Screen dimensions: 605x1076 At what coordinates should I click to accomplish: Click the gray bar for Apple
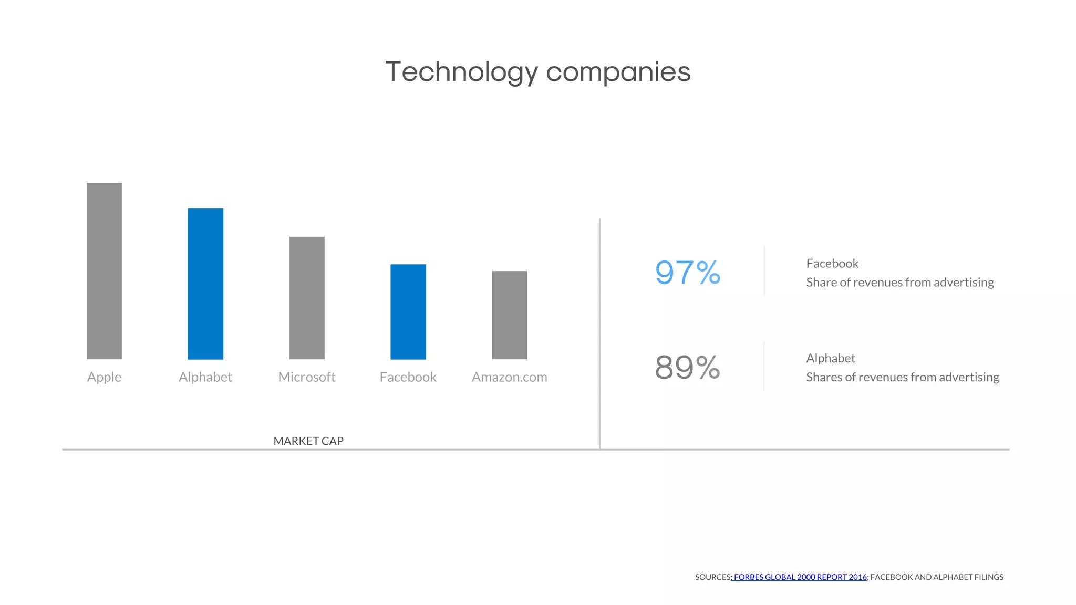104,271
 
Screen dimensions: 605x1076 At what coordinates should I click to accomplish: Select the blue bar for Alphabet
205,284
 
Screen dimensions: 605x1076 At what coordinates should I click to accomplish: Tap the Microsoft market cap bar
307,298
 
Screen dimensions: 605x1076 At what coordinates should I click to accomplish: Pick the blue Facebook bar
408,311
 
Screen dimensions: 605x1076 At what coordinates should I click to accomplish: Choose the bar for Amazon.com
509,315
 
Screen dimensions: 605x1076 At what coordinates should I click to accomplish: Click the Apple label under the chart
104,377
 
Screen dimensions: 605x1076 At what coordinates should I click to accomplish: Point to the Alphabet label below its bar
205,377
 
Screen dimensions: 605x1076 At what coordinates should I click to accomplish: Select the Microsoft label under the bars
307,377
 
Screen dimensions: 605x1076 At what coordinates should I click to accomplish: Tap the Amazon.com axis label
509,377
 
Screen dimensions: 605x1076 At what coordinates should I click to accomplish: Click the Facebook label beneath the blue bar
408,377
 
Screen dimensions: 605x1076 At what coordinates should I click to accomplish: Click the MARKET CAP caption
308,441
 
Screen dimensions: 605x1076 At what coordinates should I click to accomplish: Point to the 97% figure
687,273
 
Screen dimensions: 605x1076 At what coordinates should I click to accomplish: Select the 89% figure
687,367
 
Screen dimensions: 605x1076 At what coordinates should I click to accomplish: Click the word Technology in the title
462,72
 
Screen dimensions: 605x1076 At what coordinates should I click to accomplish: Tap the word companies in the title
618,72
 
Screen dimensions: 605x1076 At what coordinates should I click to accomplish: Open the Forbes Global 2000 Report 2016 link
800,577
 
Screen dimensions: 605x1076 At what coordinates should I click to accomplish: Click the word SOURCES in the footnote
712,577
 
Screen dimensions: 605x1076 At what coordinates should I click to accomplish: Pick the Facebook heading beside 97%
832,264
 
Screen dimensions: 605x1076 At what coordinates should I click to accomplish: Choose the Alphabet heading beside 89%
831,358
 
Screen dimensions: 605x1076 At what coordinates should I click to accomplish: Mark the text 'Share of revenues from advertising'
900,283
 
